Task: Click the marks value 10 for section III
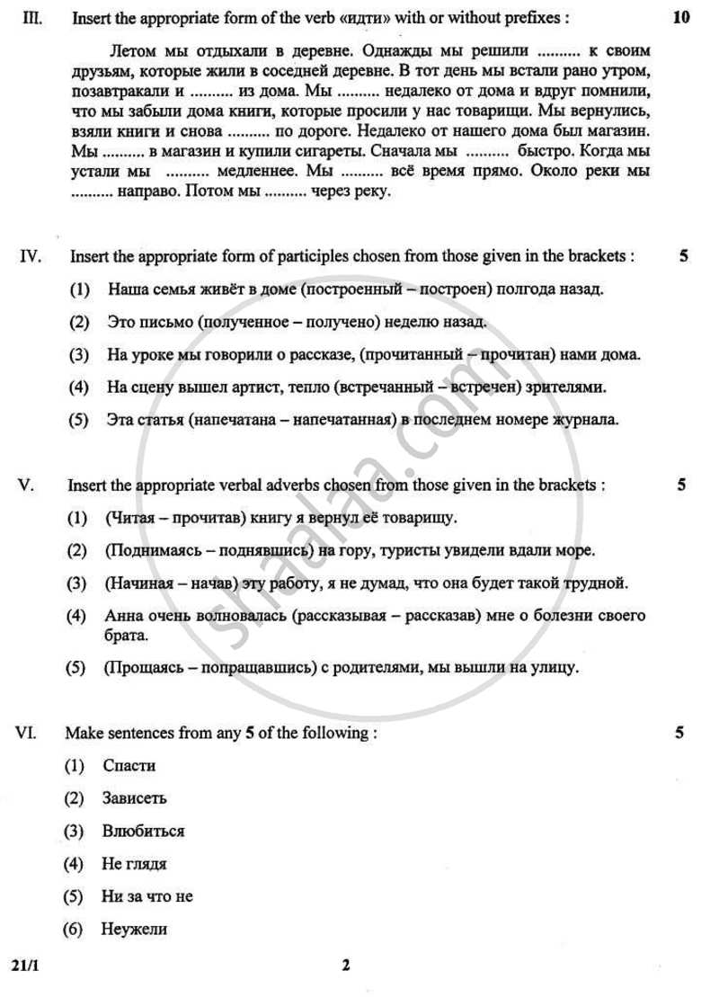coord(681,18)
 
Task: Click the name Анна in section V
coord(123,616)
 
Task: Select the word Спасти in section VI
coord(129,765)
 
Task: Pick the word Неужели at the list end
coord(135,930)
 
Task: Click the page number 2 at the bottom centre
coord(345,966)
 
